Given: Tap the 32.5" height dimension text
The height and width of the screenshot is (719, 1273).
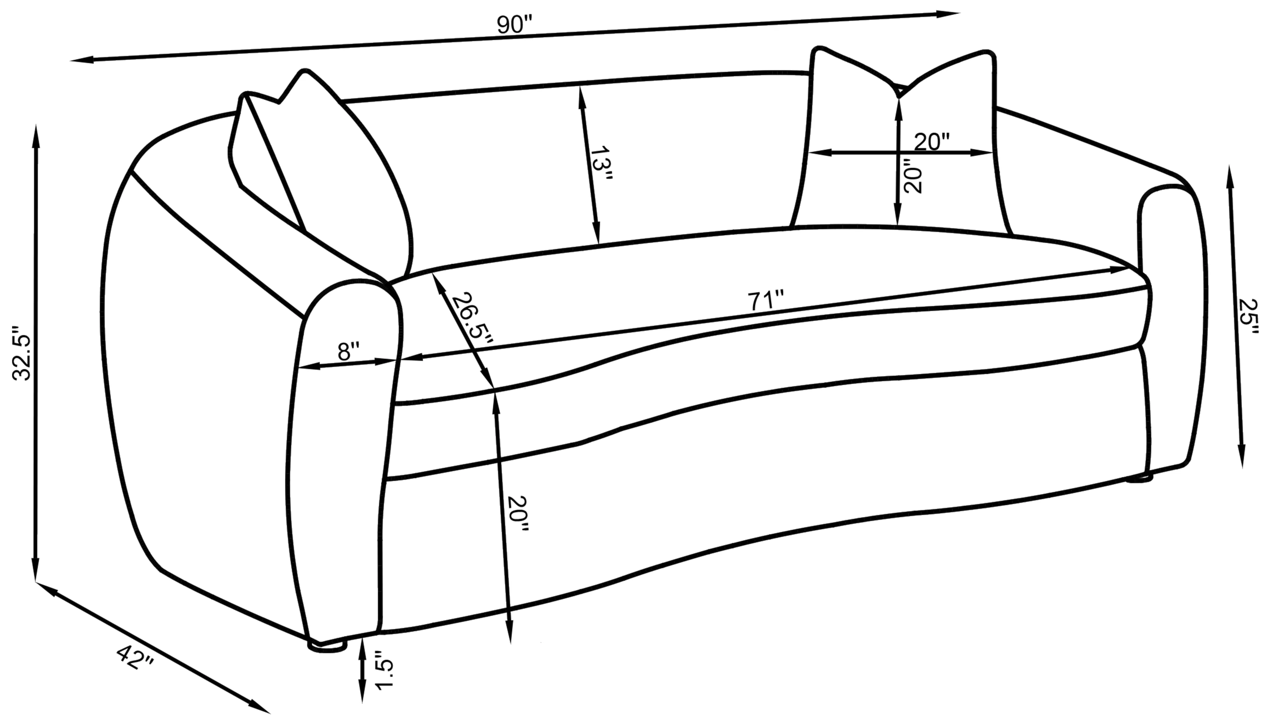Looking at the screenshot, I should (22, 353).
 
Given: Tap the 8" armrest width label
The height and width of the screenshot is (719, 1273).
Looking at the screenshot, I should (350, 352).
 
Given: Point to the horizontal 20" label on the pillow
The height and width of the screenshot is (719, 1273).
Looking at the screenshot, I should (932, 142).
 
